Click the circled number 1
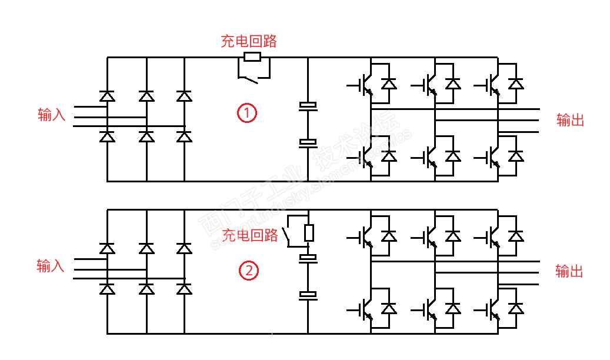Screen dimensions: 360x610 click(x=247, y=113)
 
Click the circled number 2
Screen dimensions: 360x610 click(x=248, y=271)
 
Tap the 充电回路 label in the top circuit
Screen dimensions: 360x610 click(x=249, y=41)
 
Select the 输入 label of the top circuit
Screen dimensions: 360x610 click(x=52, y=115)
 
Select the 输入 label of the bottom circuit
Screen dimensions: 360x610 click(x=51, y=266)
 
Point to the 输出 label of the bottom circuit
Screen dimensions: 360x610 click(x=569, y=271)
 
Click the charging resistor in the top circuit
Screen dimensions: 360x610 click(x=252, y=57)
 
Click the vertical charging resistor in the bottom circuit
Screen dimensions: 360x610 click(x=309, y=233)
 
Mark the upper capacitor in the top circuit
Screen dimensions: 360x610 click(x=308, y=106)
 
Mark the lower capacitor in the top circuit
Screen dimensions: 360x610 click(x=308, y=142)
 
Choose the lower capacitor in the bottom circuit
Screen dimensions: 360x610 click(x=308, y=295)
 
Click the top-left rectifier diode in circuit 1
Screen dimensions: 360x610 click(x=107, y=96)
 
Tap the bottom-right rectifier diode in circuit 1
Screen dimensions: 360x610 click(x=184, y=136)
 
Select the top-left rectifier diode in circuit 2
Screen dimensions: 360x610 click(x=107, y=248)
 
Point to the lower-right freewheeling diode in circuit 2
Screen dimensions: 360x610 click(x=516, y=308)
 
